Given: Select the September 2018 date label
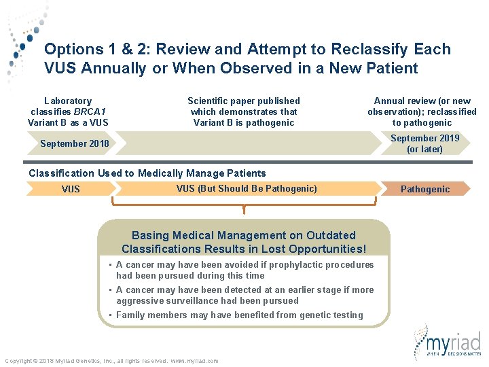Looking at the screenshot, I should [x=74, y=143].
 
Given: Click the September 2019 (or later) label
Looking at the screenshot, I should [x=424, y=143].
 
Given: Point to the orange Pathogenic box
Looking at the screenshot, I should [x=424, y=189].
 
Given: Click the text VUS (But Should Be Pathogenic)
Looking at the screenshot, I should [x=246, y=188].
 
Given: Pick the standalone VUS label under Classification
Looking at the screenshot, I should [x=71, y=190].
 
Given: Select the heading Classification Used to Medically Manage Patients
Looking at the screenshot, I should [x=147, y=173].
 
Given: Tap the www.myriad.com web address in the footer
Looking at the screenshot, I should [x=194, y=361].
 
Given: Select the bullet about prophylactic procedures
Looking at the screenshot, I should [x=244, y=270].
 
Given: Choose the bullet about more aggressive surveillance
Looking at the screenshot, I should [x=244, y=295].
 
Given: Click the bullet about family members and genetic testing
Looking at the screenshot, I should [x=239, y=315].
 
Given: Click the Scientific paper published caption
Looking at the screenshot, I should [x=243, y=111].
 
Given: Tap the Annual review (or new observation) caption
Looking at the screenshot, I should [x=422, y=111].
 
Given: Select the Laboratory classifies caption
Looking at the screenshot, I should [x=68, y=111].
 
